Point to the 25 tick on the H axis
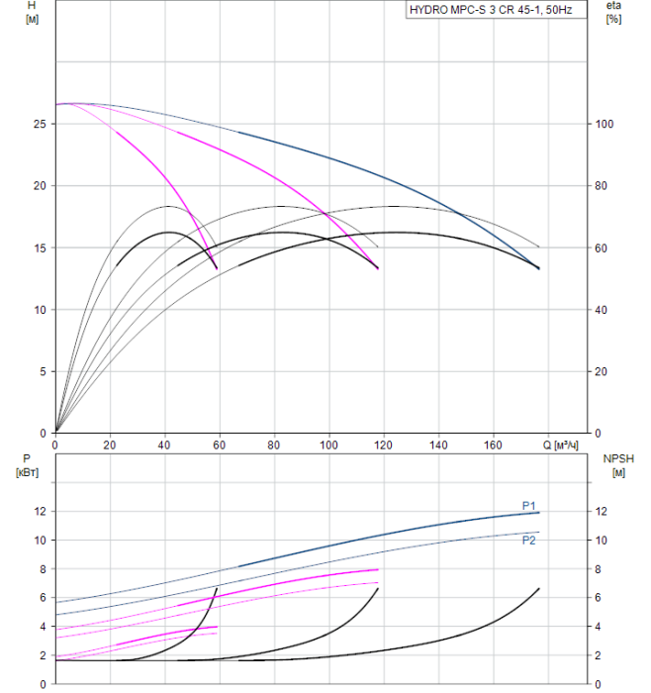[39, 124]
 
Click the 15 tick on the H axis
[39, 247]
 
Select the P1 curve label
[529, 506]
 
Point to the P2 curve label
[529, 540]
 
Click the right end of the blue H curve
[539, 268]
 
